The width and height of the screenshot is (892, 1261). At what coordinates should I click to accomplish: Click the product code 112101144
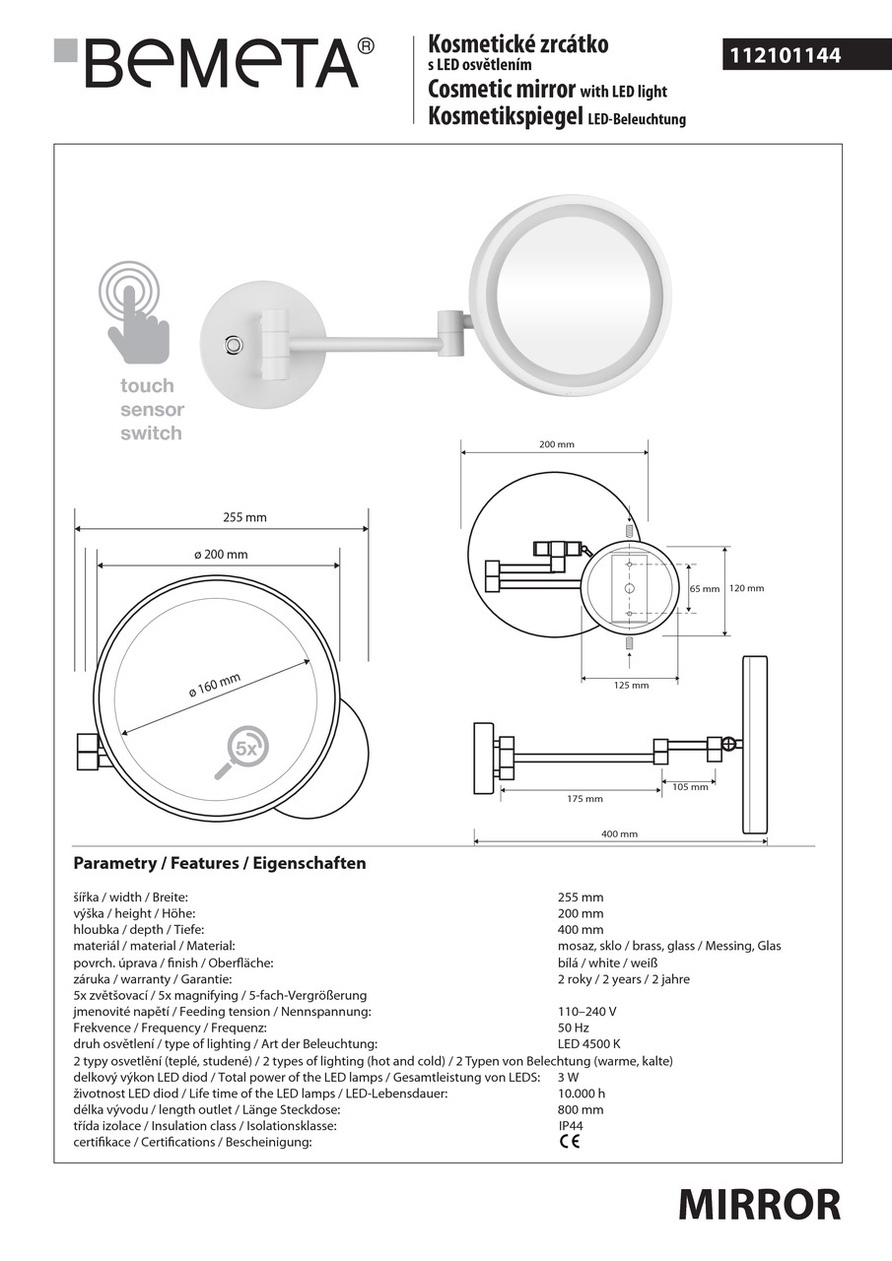tap(785, 56)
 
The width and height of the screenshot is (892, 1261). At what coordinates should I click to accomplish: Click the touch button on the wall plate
tap(234, 345)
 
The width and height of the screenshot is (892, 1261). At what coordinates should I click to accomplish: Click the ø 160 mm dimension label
tap(214, 686)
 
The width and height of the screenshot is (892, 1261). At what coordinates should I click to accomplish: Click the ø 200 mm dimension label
tap(221, 555)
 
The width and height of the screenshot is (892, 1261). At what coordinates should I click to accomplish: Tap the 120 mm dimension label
tap(746, 588)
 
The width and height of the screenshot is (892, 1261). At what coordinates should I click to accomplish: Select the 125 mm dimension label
tap(631, 685)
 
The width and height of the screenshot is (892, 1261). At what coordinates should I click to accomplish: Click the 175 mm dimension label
tap(585, 798)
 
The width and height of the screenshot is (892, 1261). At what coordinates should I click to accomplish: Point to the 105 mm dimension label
tap(690, 786)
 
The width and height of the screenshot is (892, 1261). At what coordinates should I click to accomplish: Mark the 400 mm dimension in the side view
tap(620, 833)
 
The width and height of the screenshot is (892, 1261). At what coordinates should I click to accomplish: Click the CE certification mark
tap(570, 1142)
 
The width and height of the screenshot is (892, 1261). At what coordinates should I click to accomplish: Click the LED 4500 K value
tap(589, 1043)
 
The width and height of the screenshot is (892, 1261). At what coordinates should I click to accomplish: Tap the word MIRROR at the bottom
tap(759, 1204)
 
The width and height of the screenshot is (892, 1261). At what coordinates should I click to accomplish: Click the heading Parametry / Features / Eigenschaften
tap(220, 863)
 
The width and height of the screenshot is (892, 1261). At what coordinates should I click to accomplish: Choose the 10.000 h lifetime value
tap(582, 1093)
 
